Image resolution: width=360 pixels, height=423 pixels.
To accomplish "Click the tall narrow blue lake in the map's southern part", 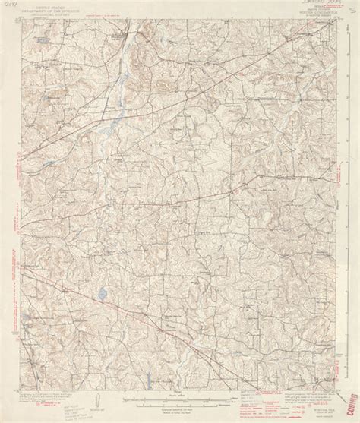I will point(101,292).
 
